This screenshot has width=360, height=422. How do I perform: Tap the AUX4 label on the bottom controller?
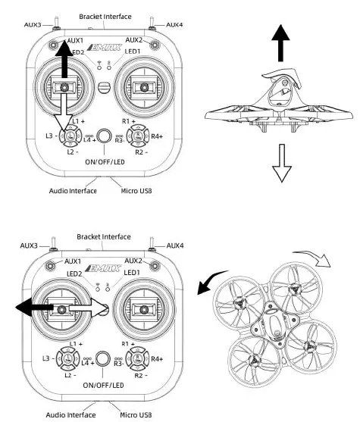point(174,245)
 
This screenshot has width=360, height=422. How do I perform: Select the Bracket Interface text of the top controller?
point(105,16)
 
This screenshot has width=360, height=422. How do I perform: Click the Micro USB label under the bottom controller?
point(136,414)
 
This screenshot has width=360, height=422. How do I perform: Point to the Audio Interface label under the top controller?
point(73,191)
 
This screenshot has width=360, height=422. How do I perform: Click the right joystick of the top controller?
point(141,88)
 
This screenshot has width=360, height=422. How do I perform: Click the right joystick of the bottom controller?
point(141,309)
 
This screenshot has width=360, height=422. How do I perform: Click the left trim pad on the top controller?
point(69,136)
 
